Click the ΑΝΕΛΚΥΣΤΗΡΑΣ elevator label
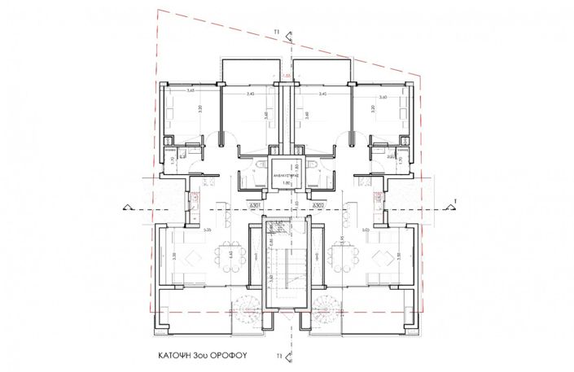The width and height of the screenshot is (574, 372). tap(287, 173)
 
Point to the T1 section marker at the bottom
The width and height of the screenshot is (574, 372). tap(278, 356)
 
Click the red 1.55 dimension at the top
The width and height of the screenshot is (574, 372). tap(286, 77)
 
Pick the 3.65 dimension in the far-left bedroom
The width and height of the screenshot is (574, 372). tap(190, 91)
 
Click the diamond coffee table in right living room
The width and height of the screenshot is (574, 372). tap(380, 260)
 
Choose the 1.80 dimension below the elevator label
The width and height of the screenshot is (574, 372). tap(286, 184)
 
